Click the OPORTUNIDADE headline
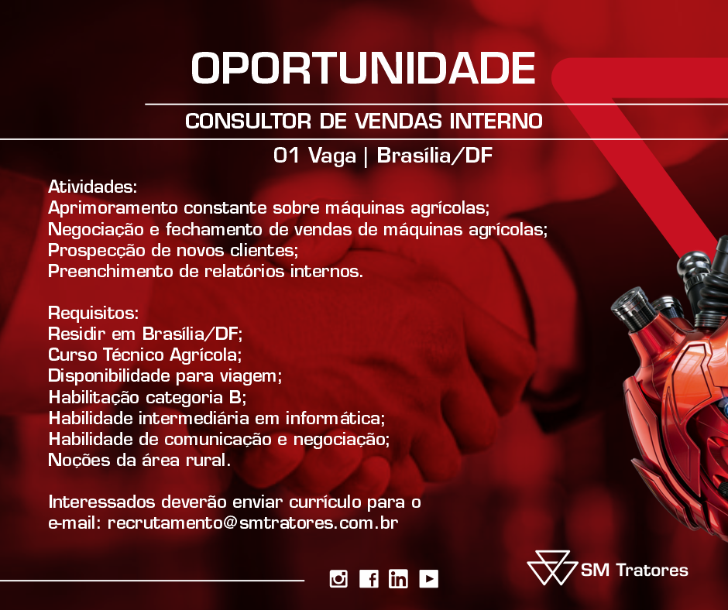tap(363, 68)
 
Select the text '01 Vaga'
tap(314, 156)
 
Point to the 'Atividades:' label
tap(92, 187)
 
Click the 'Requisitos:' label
tap(93, 313)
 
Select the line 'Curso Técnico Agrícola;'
tap(145, 355)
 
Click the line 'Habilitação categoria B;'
tap(147, 397)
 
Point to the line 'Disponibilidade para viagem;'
tap(165, 376)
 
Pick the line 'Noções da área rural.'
tap(139, 460)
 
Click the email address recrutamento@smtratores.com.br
tap(253, 523)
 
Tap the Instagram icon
tap(338, 579)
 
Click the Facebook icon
tap(369, 579)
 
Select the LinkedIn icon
tap(398, 579)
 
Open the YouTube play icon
tap(428, 579)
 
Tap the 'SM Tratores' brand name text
tap(634, 570)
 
